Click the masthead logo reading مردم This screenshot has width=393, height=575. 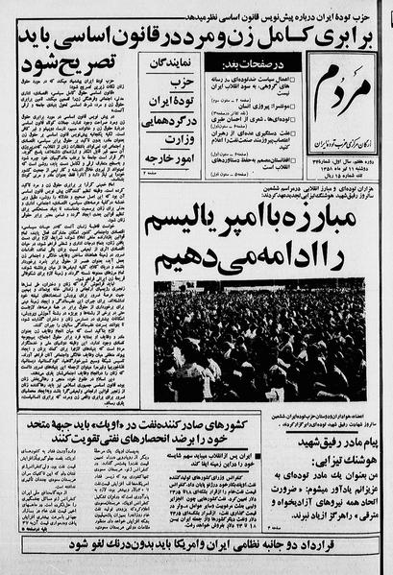click(334, 84)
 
